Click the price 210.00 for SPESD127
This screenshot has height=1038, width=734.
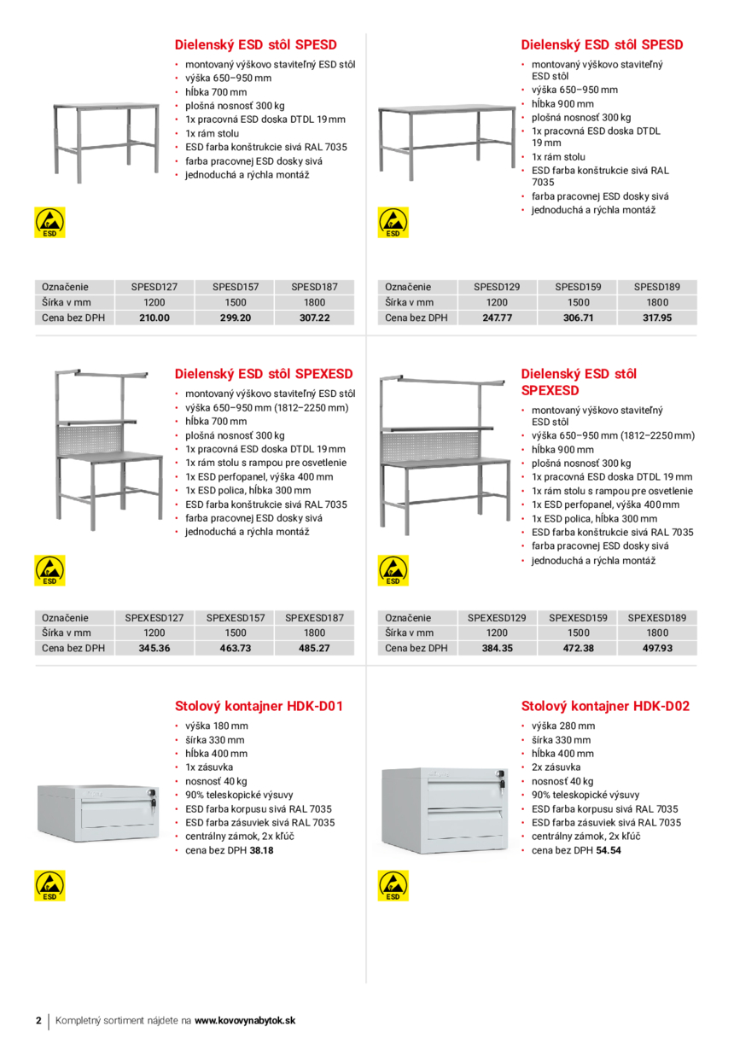(x=154, y=318)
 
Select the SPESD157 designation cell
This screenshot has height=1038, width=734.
(x=236, y=287)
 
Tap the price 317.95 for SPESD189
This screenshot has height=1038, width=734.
(x=657, y=318)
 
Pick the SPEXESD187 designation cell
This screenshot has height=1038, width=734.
(x=314, y=617)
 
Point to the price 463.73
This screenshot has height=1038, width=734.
(x=236, y=648)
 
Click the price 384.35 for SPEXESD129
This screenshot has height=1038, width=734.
(x=497, y=648)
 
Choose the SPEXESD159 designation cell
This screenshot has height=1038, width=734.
(x=578, y=617)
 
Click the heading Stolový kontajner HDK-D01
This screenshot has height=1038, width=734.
(x=259, y=706)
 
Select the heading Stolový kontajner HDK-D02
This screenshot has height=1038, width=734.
(x=605, y=706)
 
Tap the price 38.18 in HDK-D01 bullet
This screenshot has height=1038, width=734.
(x=261, y=850)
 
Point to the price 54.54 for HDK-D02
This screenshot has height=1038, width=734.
(x=609, y=850)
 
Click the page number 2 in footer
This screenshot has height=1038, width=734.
(x=38, y=1021)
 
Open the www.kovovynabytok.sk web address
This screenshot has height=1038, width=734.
(x=245, y=1021)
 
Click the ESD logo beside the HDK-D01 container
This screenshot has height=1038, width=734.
(x=50, y=886)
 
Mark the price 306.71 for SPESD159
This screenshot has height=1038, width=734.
(x=578, y=318)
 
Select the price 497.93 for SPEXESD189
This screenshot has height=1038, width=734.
(x=657, y=648)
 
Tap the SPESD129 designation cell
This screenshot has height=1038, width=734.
(x=497, y=287)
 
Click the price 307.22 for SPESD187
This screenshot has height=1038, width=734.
(x=314, y=318)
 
